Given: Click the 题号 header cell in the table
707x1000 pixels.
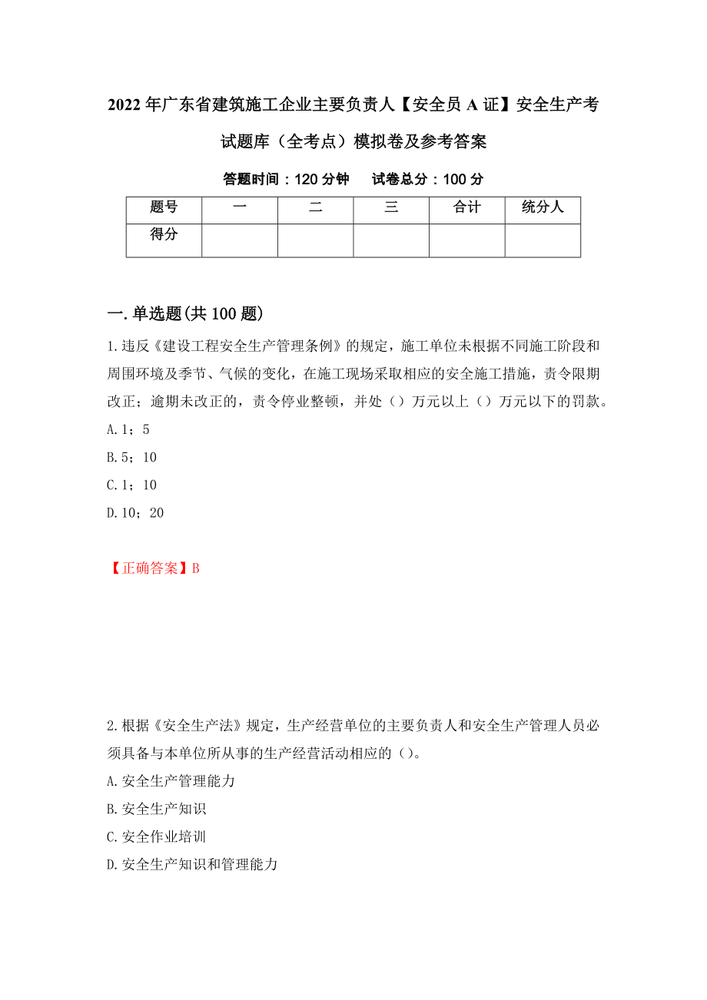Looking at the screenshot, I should pos(164,207).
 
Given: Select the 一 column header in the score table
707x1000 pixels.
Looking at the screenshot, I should pos(239,207).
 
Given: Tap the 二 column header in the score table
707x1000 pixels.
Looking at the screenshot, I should pos(315,207).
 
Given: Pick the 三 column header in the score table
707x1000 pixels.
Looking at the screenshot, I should pos(391,207).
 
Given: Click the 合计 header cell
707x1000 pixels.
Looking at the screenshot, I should pos(466,207).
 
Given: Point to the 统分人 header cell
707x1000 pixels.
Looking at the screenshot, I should pos(543,207).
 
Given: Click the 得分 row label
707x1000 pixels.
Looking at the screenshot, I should pos(164,235).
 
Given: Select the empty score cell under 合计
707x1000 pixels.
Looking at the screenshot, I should pos(466,240).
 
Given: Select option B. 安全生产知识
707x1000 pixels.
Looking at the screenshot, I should pos(157,809).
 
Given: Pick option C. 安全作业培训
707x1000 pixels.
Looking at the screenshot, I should pos(157,836).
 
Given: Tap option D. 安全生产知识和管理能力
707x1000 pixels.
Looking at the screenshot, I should pos(192,864).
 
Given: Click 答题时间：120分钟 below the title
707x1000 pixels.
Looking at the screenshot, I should pos(286,180).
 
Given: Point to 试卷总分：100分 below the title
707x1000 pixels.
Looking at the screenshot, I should pos(428,180).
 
